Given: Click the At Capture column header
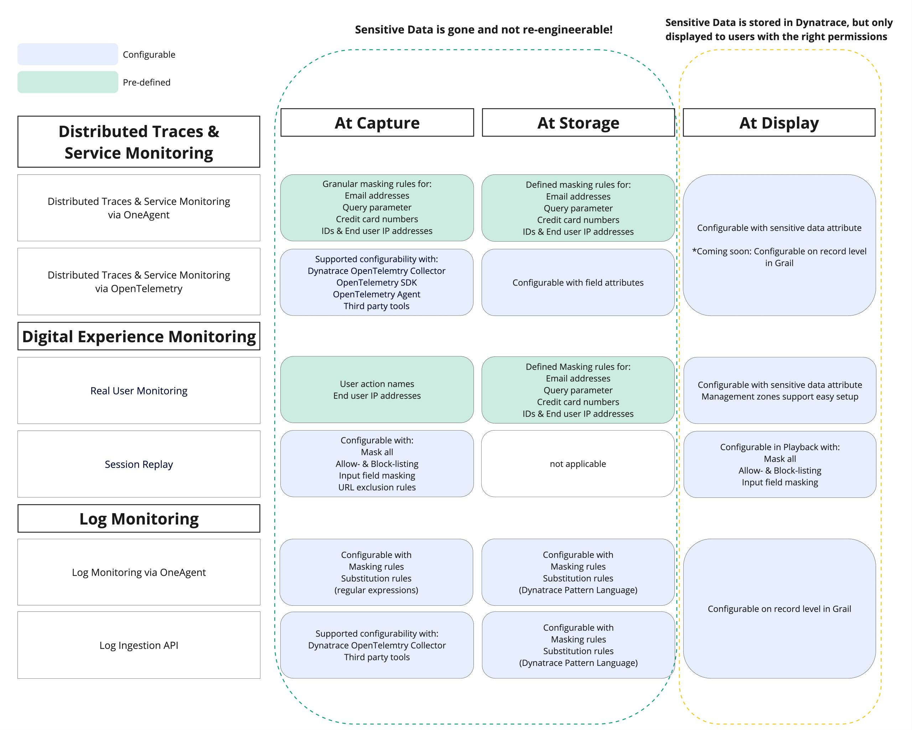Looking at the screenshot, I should pos(377,122).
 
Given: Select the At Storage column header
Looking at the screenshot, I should pos(578,122).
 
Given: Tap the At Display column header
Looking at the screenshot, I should pos(779,122).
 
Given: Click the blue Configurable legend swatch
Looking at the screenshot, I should pos(68,54).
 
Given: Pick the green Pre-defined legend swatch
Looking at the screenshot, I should pos(68,82).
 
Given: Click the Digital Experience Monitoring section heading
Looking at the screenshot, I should pos(139,337).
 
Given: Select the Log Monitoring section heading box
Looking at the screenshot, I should pos(139,518).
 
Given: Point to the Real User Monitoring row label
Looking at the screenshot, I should pos(139,391).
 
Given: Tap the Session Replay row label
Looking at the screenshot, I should pos(139,464).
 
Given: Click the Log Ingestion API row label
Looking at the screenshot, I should pos(139,645).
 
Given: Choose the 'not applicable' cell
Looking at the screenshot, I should pos(578,464).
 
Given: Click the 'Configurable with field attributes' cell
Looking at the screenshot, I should pos(578,282).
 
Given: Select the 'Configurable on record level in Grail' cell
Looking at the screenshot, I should pos(779,609).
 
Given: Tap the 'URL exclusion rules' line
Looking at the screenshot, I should pos(377,487).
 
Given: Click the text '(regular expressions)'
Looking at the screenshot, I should pos(376,590).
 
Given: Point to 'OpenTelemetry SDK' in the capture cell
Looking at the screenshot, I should pos(377,282).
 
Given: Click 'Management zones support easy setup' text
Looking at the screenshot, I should pos(779,397).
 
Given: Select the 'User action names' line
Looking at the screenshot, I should pos(377,384).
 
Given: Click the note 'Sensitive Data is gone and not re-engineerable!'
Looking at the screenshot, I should pos(483,30).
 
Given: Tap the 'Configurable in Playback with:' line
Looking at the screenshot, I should pos(779,447).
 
